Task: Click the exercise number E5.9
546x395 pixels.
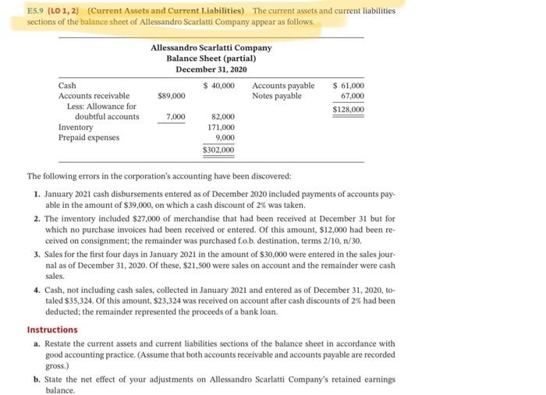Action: point(37,11)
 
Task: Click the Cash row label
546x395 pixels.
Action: point(69,85)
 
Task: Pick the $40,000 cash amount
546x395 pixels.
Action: point(218,85)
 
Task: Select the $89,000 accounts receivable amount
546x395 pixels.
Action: point(171,96)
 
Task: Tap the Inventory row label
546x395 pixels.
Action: point(76,127)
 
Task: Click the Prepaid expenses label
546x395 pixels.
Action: point(89,137)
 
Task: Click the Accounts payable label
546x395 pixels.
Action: point(283,85)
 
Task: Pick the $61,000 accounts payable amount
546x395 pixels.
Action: point(348,85)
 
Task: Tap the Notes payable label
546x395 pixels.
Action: point(277,96)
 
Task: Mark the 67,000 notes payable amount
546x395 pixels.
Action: point(352,96)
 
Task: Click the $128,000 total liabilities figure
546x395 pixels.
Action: point(348,110)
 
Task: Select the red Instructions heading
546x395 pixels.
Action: point(52,330)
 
